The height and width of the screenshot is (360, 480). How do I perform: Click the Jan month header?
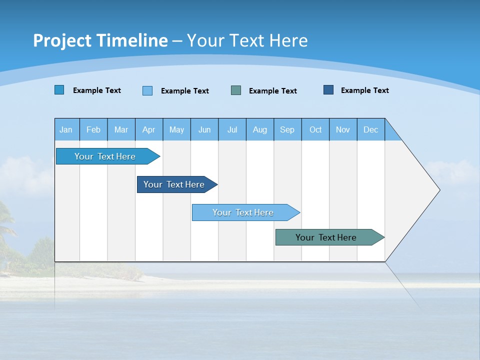66,129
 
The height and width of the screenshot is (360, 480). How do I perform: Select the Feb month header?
93,129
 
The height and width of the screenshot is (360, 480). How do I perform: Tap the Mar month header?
121,129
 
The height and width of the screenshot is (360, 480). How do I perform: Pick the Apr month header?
149,129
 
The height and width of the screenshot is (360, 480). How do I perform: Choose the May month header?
176,129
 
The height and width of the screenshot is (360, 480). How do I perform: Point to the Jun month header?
204,129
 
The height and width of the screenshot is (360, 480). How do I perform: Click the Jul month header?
232,129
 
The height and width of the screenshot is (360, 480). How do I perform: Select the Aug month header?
260,129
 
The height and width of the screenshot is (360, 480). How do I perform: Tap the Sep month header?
287,129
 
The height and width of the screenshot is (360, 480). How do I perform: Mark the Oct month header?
315,129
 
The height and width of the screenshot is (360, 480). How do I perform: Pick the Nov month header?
343,129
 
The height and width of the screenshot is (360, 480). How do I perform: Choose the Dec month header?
371,129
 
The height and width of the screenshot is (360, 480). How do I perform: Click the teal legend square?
236,90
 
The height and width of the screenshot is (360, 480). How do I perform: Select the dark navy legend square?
328,90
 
